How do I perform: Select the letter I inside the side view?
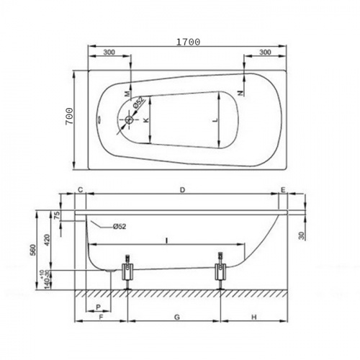click(x=166, y=238)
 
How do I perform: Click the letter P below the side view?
click(x=97, y=307)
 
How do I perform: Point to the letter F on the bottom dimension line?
click(x=101, y=317)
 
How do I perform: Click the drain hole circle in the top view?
click(x=129, y=121)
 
